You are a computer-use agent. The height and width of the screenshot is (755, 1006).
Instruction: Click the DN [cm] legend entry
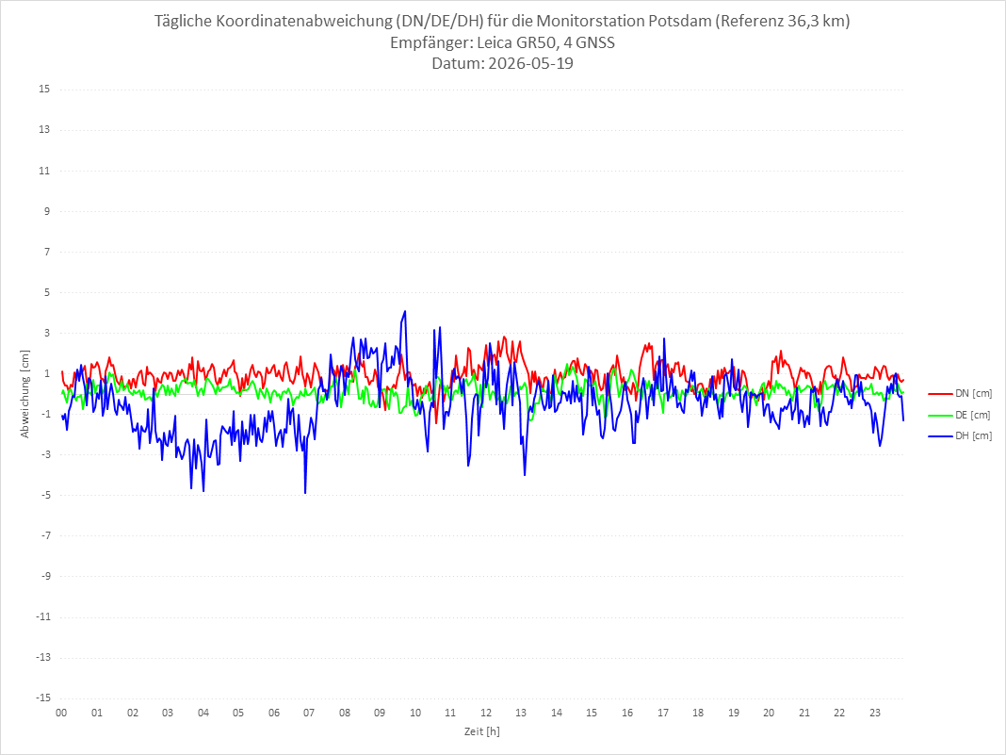960,394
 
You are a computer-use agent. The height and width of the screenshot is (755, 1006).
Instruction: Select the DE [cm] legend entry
959,415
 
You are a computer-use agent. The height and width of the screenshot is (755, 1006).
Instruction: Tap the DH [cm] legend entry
960,435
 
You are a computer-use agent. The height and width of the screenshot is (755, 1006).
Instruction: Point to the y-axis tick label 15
44,90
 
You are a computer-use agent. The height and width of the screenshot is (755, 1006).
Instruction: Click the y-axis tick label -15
42,698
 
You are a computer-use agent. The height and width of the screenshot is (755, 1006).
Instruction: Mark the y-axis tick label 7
47,252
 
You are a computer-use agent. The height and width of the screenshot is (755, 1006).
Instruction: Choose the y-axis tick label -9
45,577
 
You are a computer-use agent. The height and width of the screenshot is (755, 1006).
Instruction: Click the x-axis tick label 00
61,713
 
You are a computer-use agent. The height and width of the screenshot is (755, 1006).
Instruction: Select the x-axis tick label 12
486,713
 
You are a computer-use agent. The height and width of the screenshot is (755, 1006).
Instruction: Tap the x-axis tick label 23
875,713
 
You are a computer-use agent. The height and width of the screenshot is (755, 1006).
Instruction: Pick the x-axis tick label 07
309,713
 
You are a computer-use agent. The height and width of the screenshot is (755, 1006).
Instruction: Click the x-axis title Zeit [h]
482,731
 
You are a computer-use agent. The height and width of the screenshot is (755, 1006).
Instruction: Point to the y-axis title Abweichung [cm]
25,394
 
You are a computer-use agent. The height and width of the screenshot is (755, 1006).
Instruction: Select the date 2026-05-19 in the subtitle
530,63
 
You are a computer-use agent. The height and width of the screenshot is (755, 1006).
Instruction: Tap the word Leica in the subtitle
495,42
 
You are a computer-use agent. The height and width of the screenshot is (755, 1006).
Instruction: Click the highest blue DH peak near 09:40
405,311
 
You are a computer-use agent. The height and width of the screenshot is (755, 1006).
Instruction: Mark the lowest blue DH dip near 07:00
305,493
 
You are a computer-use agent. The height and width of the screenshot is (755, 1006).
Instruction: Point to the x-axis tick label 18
698,713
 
